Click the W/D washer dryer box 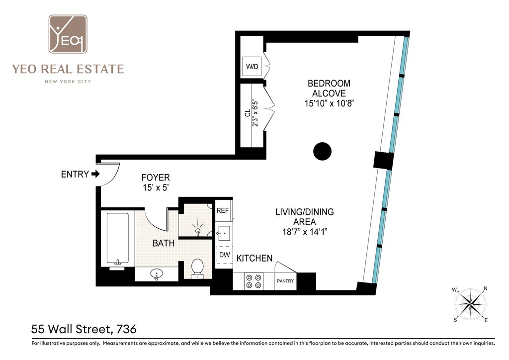tap(252, 67)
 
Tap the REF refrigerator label tap(223, 210)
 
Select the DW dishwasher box tap(224, 255)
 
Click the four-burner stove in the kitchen tap(254, 281)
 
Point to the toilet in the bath tap(197, 269)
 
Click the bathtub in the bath tap(117, 239)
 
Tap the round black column tap(322, 151)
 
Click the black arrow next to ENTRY tap(95, 175)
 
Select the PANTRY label tap(285, 281)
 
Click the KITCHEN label tap(254, 259)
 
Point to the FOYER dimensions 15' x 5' tap(156, 187)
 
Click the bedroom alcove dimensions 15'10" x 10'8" tap(329, 103)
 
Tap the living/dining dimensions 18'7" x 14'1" tap(305, 232)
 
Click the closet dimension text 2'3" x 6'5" tap(255, 113)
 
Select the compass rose tap(470, 304)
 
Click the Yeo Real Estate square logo tap(68, 34)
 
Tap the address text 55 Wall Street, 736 tap(84, 329)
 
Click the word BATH tap(164, 243)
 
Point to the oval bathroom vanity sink tap(157, 274)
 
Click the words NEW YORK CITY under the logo tap(68, 82)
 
